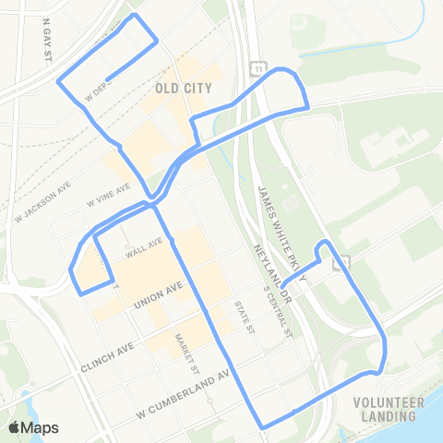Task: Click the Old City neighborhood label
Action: (x=185, y=89)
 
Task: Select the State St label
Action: (x=242, y=317)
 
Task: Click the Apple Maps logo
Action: (x=33, y=427)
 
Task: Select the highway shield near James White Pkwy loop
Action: (x=340, y=262)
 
